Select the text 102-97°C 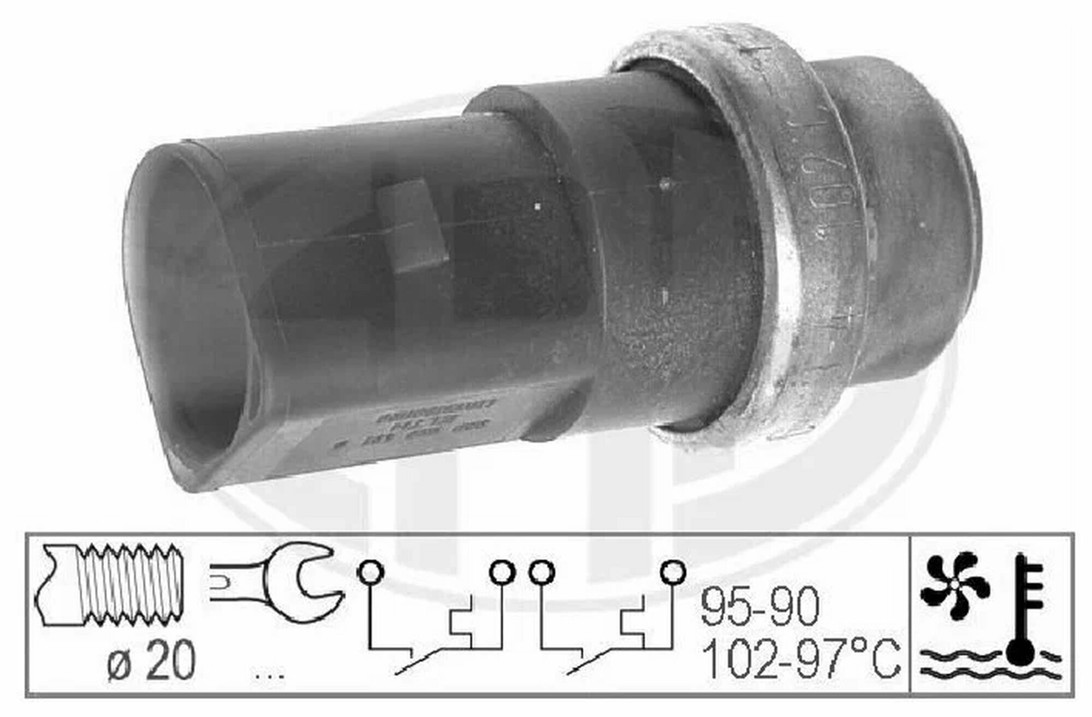800,659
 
